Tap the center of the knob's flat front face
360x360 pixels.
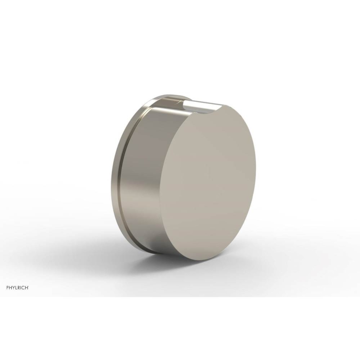208,182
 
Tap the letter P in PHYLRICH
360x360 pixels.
8,287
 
